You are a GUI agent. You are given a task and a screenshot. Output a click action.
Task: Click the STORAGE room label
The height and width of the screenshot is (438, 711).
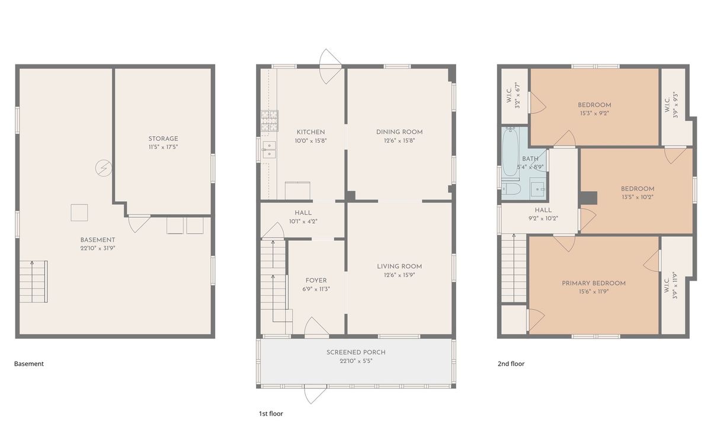tap(163, 139)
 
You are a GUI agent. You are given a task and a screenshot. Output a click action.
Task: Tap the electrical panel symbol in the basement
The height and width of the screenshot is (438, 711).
tap(104, 168)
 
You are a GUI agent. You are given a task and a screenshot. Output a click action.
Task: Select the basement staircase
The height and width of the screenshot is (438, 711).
tap(34, 281)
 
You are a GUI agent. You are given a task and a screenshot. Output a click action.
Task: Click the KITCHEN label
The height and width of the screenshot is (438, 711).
tap(310, 132)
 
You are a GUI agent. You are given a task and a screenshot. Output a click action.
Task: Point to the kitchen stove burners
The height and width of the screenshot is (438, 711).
tap(270, 121)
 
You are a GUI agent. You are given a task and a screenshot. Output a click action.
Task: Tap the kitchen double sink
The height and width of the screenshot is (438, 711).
tap(269, 150)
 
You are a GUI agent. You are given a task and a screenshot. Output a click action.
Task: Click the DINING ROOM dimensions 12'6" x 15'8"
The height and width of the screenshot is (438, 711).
tap(399, 140)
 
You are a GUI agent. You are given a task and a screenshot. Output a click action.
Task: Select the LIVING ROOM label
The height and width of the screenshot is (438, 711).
tap(399, 266)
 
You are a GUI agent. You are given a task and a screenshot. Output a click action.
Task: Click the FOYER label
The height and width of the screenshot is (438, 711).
tap(316, 281)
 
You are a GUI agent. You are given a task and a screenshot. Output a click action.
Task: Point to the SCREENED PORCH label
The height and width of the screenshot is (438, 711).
tap(356, 352)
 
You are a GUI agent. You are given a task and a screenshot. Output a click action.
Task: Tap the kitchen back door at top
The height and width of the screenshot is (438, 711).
tap(329, 66)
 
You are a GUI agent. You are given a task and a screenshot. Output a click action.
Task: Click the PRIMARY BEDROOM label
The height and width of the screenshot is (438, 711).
tap(594, 284)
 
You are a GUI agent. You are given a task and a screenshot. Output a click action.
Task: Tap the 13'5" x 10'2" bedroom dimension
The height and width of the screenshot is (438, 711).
tap(638, 197)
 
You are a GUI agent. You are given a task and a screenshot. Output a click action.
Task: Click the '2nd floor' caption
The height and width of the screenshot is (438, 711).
tap(511, 364)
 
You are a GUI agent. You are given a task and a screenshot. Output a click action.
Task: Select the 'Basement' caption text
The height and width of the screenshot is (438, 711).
tap(29, 364)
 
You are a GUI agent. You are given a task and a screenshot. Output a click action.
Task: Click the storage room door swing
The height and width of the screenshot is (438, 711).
tap(139, 223)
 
